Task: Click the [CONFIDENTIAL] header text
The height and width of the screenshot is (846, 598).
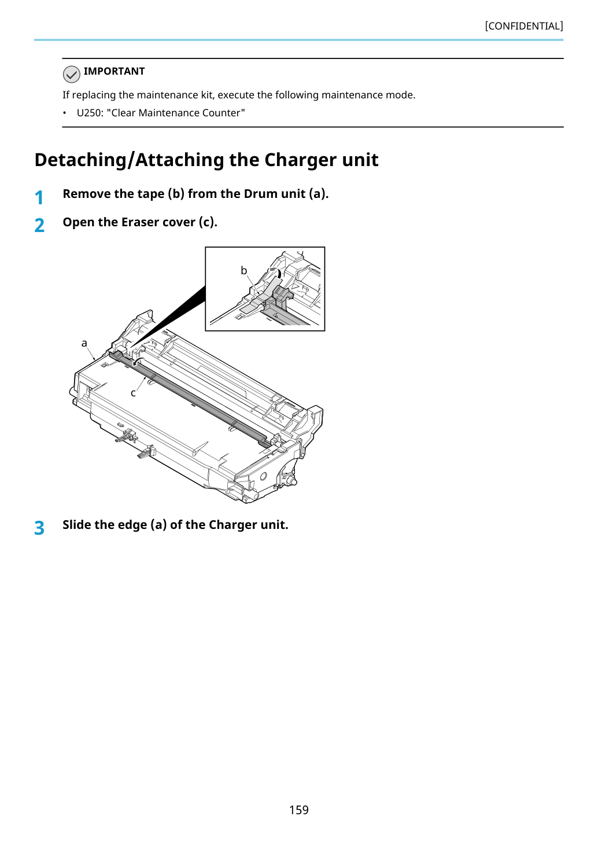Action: pos(523,26)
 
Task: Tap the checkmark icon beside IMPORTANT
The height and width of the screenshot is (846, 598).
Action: pos(71,74)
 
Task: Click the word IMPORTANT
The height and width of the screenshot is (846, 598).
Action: pos(114,71)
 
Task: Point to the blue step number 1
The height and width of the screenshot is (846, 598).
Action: pos(39,197)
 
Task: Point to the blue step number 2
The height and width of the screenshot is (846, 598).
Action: pos(39,226)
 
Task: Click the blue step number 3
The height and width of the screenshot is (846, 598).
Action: pos(39,528)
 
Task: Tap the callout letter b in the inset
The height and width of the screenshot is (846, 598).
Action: pos(244,270)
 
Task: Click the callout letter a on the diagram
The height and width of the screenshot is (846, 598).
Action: pos(84,343)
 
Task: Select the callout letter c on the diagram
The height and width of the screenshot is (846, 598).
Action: pos(133,393)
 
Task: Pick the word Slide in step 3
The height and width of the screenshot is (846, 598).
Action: pos(77,525)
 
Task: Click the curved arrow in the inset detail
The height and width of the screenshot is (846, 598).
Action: pos(275,271)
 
